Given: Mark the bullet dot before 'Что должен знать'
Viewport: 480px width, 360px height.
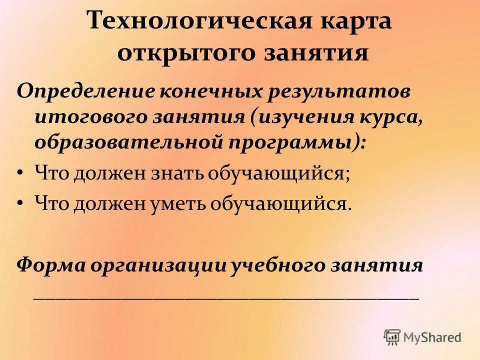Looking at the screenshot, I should coord(19,173).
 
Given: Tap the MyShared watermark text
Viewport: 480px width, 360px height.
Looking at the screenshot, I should coord(432,337).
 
